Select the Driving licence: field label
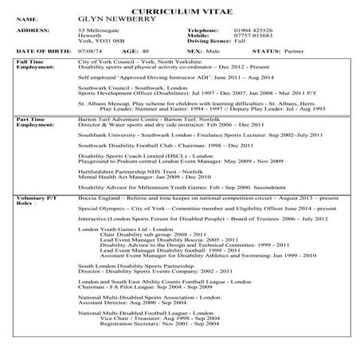[x=221, y=41]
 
